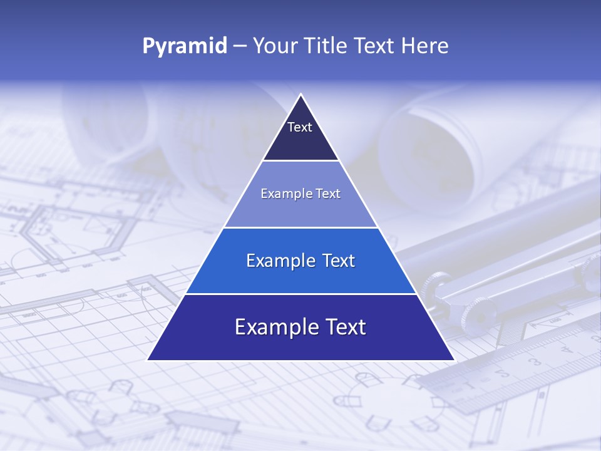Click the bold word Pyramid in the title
pos(185,46)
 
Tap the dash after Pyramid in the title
pos(239,46)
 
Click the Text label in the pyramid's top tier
pos(300,127)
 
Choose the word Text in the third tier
pos(336,261)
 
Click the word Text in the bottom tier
pos(342,327)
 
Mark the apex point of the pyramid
pos(300,95)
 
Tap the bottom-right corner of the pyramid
pos(454,360)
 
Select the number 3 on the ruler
pos(535,361)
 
